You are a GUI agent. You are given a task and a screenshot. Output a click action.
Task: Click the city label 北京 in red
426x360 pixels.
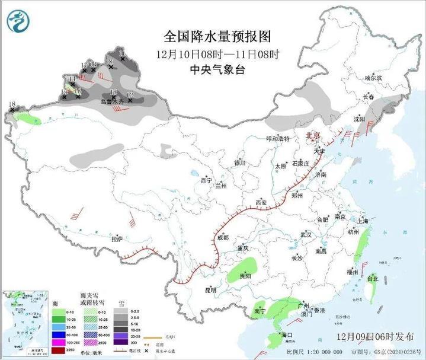(312, 136)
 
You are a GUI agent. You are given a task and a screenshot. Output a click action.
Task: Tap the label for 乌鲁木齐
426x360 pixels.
(112, 102)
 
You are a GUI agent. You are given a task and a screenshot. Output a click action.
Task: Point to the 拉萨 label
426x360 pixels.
(117, 238)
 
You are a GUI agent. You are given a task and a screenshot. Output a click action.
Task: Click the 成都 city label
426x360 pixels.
(222, 237)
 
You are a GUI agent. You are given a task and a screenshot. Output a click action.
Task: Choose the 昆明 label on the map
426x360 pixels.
(210, 289)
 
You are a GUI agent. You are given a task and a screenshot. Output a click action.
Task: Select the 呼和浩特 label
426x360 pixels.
(277, 138)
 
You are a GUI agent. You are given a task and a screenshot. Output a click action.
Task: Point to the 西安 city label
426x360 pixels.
(261, 203)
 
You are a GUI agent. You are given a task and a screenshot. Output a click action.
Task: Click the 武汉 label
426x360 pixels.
(306, 235)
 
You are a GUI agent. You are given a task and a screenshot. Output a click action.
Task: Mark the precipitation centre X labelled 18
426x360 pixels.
(13, 110)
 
